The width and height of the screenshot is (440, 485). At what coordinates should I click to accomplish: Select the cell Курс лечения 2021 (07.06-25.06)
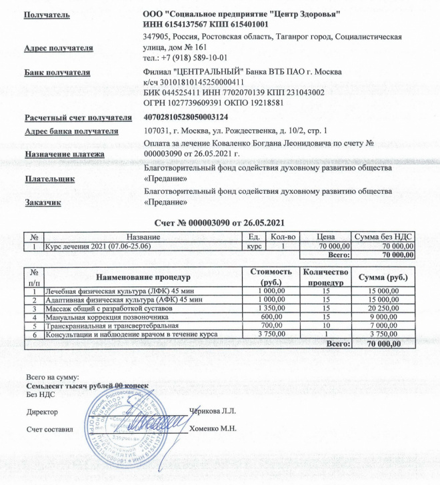click(x=97, y=246)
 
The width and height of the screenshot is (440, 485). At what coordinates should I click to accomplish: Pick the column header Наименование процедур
click(x=143, y=276)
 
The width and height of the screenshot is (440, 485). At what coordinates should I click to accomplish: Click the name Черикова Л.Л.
click(x=213, y=409)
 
